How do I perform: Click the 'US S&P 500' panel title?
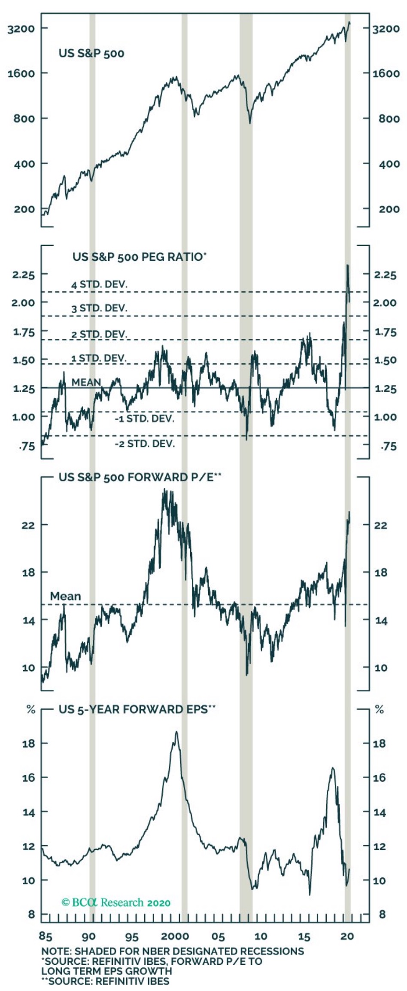(x=91, y=54)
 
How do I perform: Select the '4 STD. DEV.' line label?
(x=100, y=284)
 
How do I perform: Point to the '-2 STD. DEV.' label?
(x=145, y=444)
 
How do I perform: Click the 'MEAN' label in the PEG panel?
(x=86, y=382)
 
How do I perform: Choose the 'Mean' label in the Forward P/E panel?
(x=65, y=596)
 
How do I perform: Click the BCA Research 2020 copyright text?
(x=116, y=902)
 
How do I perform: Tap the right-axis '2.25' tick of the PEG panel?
(x=385, y=275)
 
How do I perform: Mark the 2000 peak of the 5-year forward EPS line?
(x=176, y=731)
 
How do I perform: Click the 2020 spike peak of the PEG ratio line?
(x=347, y=266)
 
